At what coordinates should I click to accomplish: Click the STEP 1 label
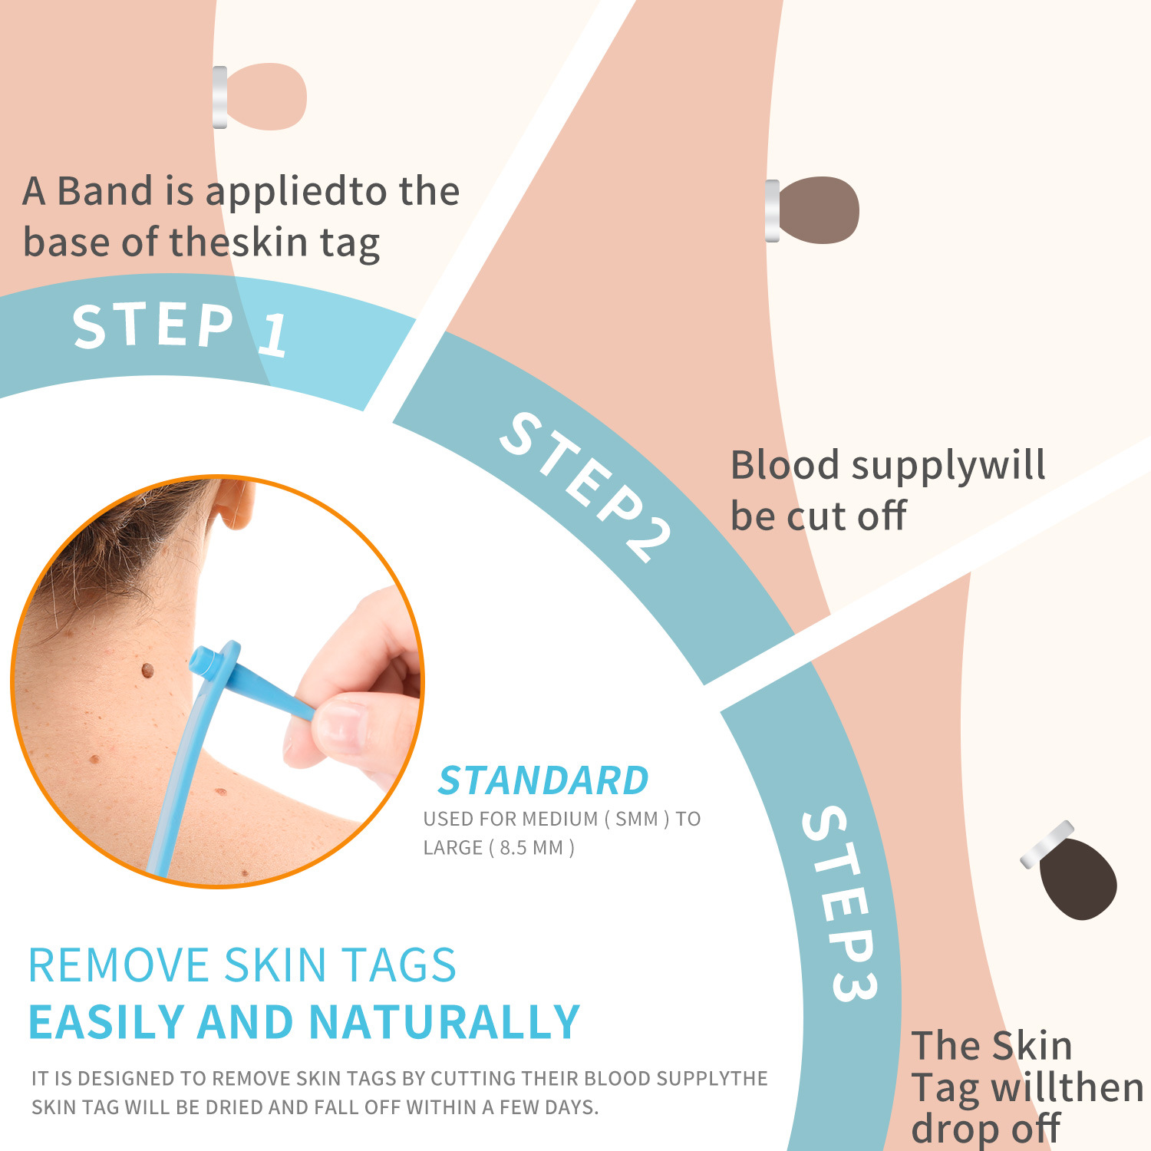[180, 328]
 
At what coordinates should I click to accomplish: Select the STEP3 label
[839, 904]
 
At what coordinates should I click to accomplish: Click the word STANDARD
[543, 781]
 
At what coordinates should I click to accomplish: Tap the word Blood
[784, 466]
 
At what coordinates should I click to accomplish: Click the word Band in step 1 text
[105, 191]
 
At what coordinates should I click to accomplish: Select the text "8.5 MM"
[531, 848]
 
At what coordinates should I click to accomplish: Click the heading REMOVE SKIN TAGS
[242, 965]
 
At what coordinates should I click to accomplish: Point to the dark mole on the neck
[147, 671]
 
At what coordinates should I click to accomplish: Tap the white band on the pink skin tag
[219, 97]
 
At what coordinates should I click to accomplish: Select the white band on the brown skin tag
[773, 210]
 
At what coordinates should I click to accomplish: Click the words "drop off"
[985, 1129]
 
